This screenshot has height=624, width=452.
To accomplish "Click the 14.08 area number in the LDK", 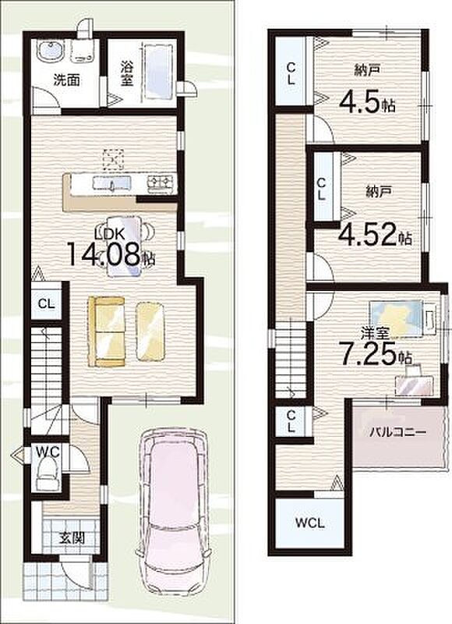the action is (x=105, y=253).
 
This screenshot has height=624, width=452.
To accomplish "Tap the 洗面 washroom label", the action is (x=66, y=80).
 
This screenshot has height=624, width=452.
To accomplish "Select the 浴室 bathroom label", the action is (x=126, y=73).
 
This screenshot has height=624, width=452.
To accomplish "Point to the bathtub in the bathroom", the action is (x=158, y=71).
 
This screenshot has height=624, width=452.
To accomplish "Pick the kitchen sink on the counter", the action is (x=111, y=183).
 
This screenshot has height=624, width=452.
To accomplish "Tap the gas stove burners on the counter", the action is (x=161, y=183).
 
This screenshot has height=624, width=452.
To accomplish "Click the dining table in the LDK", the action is (x=124, y=246).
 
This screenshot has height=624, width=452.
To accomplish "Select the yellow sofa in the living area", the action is (x=106, y=331).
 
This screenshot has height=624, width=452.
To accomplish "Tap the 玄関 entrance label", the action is (x=72, y=538).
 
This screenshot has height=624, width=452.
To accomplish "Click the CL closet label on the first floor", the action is (x=46, y=303).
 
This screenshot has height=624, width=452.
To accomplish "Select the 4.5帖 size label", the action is (x=366, y=103).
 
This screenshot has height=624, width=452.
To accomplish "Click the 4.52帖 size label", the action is (x=375, y=235).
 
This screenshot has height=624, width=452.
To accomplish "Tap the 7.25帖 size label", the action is (x=375, y=353).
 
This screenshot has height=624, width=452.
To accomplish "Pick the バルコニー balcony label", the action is (x=398, y=432).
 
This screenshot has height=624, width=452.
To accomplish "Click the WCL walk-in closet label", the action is (x=309, y=523).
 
